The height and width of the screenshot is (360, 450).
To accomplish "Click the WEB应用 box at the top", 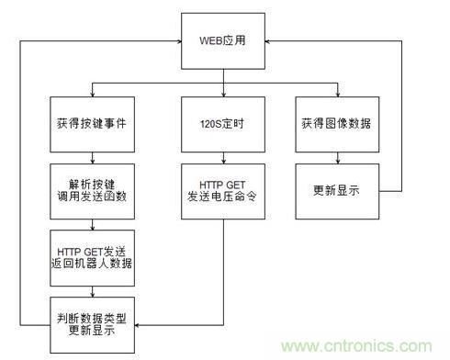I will point(222,40).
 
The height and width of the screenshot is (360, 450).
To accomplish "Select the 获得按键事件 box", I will point(91,122).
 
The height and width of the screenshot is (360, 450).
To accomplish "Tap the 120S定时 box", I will point(223,122).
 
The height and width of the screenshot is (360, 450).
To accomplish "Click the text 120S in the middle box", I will point(211,122).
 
